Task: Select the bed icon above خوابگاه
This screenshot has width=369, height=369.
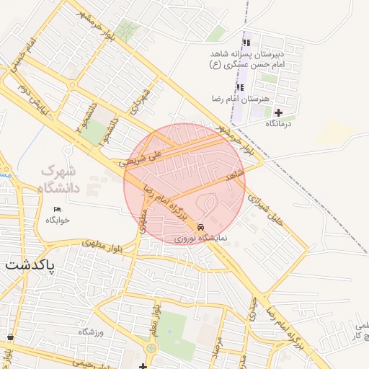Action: tap(58, 210)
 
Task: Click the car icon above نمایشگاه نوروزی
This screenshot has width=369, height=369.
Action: tap(200, 227)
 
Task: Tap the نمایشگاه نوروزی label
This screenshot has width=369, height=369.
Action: tap(201, 237)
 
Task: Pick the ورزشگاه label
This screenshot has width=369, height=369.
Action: tap(92, 332)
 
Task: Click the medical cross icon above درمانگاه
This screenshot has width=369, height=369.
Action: tap(278, 112)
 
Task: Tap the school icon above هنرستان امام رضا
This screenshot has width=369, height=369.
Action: tap(240, 87)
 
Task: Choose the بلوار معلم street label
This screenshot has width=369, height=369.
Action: tap(154, 321)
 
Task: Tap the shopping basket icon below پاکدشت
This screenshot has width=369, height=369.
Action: tap(10, 337)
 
